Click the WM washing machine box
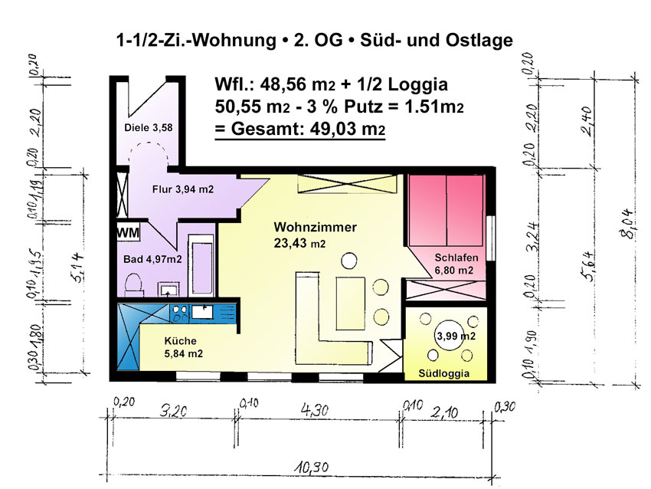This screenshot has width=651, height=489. click(129, 231)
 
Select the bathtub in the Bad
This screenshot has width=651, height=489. click(201, 266)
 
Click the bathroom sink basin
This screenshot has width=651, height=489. click(168, 289)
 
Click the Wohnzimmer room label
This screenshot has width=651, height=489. click(315, 228)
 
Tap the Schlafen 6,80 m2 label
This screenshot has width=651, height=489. click(456, 264)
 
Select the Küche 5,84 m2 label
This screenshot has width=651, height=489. click(184, 347)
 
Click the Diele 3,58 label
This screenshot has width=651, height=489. click(149, 127)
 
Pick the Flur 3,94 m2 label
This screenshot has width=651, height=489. click(183, 189)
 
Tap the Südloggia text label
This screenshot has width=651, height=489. click(443, 373)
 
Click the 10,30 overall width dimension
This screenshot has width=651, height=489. click(312, 468)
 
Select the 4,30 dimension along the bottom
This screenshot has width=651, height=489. click(314, 411)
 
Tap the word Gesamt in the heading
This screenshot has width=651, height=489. click(264, 129)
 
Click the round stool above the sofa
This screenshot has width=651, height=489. click(349, 261)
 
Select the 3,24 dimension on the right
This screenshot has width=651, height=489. click(533, 237)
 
